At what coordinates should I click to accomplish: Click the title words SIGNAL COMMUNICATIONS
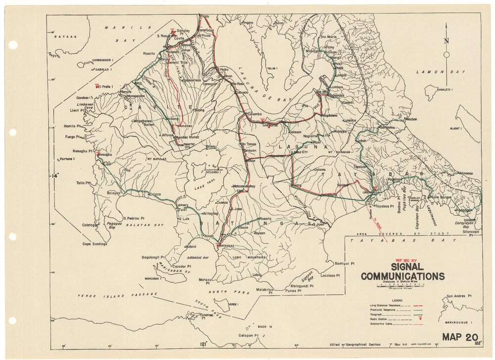click(x=402, y=271)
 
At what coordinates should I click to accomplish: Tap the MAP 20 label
click(x=460, y=338)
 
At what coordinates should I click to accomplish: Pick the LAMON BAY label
click(x=434, y=72)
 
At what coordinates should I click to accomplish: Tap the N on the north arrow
click(x=446, y=42)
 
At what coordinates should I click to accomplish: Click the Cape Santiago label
click(x=96, y=244)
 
